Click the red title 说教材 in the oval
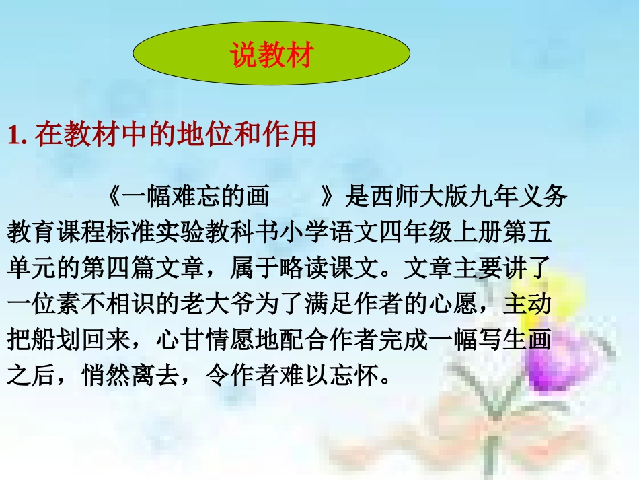(272, 56)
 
